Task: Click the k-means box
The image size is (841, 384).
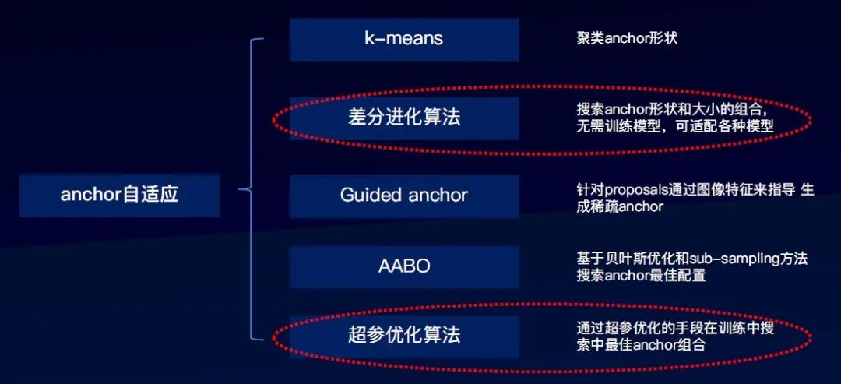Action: (403, 39)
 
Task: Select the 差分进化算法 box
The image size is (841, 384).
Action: (403, 118)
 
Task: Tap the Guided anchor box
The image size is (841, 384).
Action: (403, 195)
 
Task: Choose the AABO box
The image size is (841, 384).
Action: (403, 266)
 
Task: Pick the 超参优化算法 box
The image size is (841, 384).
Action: (403, 336)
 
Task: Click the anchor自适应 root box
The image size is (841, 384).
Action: (119, 195)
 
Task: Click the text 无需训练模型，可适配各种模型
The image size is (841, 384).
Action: (675, 125)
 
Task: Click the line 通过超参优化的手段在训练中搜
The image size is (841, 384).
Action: (675, 328)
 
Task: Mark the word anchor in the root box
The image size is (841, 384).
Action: (91, 195)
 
